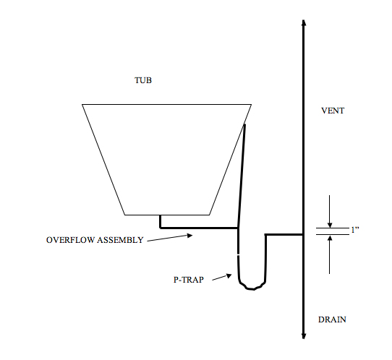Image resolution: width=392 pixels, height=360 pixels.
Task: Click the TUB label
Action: [x=143, y=80]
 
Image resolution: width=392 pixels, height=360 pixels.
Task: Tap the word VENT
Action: [x=333, y=111]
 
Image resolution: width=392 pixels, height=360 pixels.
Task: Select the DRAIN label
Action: [x=332, y=320]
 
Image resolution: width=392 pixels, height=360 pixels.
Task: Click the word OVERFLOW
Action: [x=70, y=240]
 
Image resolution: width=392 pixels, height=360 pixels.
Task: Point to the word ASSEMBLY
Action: [x=120, y=240]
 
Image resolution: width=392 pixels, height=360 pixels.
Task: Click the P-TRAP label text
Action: [x=189, y=279]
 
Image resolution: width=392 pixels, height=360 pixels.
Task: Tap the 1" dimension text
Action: [x=355, y=230]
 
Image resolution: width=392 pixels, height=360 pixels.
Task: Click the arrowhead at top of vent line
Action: [x=304, y=22]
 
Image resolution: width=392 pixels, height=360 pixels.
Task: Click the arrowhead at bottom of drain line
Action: [x=304, y=336]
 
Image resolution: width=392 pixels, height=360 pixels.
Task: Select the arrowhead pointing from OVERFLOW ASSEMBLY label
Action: [x=190, y=235]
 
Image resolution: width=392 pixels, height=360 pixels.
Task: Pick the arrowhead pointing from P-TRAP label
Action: [x=229, y=275]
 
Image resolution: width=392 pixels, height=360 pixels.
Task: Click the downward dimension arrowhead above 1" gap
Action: [x=330, y=225]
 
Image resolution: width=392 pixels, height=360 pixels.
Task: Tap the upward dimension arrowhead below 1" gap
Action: [x=330, y=239]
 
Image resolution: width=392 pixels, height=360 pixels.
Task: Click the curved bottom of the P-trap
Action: [x=252, y=288]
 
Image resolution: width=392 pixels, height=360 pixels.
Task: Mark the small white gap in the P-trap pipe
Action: [x=238, y=255]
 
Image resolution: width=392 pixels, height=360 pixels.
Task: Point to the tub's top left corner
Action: [x=82, y=104]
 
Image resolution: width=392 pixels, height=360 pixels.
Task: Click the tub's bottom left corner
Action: [x=124, y=215]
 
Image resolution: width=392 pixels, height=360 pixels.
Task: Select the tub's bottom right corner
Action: [x=210, y=215]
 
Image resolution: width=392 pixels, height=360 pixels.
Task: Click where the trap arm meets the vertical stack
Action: [x=303, y=235]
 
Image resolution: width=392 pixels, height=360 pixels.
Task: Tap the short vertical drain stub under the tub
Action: [x=161, y=221]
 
